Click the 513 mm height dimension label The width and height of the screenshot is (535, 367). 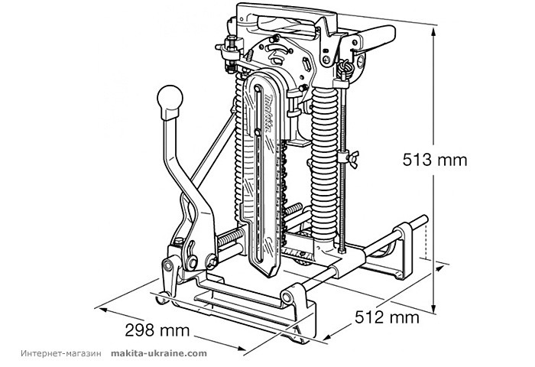(435, 160)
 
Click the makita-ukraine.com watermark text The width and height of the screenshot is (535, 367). (158, 354)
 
